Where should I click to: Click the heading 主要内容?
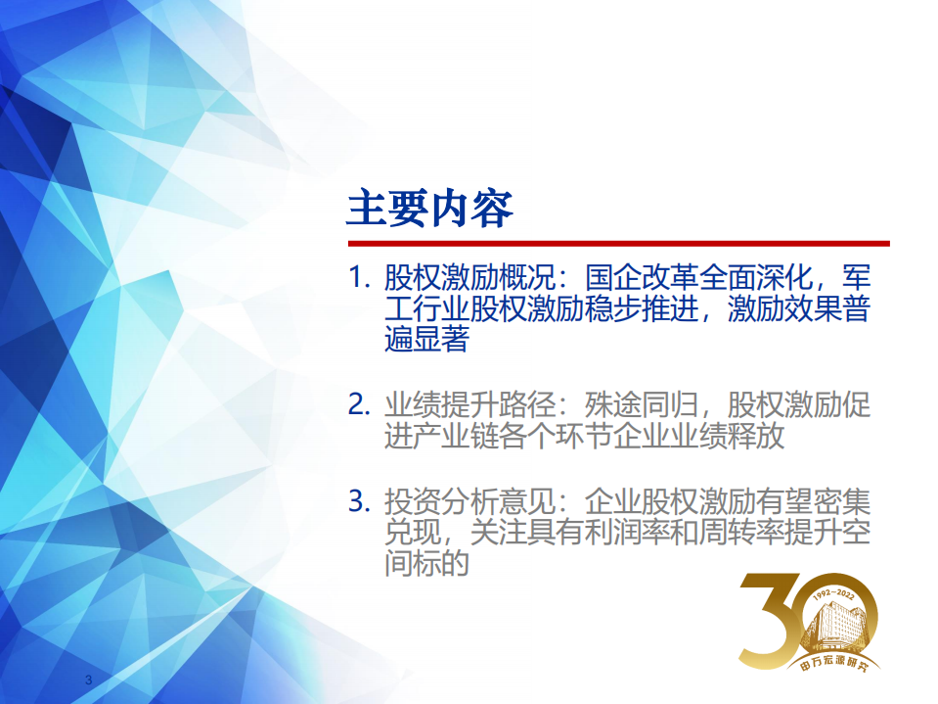coord(429,209)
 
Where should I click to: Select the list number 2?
coord(357,404)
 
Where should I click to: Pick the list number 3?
coord(357,502)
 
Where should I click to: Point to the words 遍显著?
coord(426,340)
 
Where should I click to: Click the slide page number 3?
coord(88,681)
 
